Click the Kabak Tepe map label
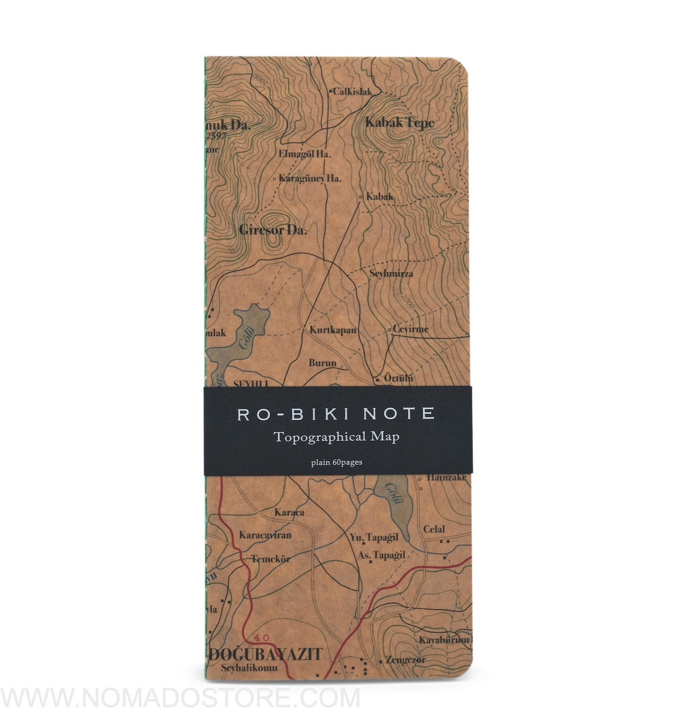point(400,122)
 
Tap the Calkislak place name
point(352,91)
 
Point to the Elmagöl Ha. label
point(305,153)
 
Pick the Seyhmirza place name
point(392,273)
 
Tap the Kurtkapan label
point(333,330)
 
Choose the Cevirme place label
point(410,329)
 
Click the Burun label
point(322,362)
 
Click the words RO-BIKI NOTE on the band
point(336,414)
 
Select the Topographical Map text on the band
point(336,437)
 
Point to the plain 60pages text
point(337,462)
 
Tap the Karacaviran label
point(265,535)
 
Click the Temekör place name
point(271,558)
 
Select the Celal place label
point(434,529)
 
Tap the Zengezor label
point(405,660)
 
